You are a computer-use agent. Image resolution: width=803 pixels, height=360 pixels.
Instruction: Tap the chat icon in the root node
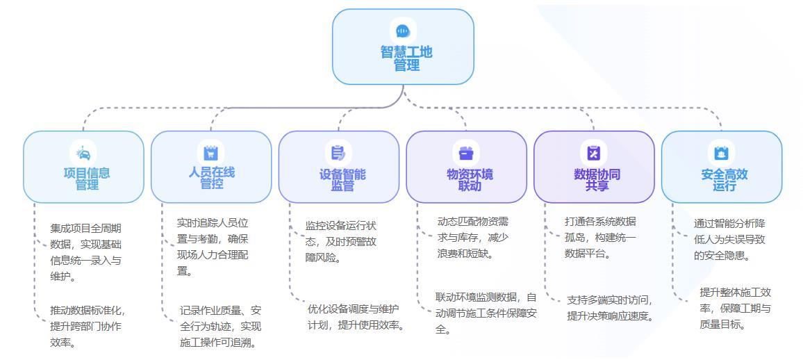tap(403, 31)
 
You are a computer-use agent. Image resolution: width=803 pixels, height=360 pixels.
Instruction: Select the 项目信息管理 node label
tap(87, 179)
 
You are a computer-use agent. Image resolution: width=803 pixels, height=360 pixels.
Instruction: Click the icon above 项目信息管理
tap(83, 153)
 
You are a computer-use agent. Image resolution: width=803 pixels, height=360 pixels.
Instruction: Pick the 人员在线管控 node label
tap(211, 178)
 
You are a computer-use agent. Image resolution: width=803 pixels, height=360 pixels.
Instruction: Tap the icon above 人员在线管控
tap(210, 152)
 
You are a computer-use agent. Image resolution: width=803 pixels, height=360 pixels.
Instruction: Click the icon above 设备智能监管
tap(338, 152)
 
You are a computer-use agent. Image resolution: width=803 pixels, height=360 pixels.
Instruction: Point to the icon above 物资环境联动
tap(466, 152)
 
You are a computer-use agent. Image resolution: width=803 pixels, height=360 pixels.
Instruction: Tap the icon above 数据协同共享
tap(593, 152)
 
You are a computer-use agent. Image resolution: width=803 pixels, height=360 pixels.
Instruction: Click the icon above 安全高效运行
tap(721, 152)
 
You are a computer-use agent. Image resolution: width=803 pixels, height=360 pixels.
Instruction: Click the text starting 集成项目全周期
tap(85, 252)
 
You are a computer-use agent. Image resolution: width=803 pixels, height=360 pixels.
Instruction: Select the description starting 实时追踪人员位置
tap(213, 247)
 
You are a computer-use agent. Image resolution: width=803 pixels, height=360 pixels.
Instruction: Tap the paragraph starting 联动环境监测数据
tap(486, 313)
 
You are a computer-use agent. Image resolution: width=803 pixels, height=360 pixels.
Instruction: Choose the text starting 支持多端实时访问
tap(609, 308)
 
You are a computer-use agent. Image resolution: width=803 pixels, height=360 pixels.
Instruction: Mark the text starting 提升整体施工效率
tap(735, 308)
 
